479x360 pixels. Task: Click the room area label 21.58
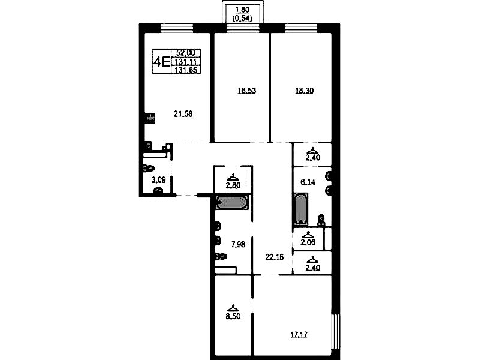(x=183, y=114)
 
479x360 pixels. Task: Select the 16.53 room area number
(x=247, y=91)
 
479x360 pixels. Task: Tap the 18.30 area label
(x=305, y=91)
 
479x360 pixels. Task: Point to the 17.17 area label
(x=299, y=335)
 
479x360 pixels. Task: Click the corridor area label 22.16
(x=275, y=257)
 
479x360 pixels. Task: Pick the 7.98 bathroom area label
(x=238, y=244)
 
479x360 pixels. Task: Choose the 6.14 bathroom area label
(x=308, y=182)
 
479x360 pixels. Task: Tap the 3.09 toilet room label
(x=158, y=180)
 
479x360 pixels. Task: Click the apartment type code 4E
(x=162, y=62)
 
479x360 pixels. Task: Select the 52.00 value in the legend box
(x=186, y=53)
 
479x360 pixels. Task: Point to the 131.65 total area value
(x=186, y=70)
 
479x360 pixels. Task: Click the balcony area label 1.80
(x=242, y=10)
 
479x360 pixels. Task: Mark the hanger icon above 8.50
(x=233, y=308)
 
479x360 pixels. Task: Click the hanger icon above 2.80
(x=233, y=177)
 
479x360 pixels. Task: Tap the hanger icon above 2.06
(x=308, y=235)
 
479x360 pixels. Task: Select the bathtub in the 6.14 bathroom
(x=301, y=209)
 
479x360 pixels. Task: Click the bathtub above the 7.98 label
(x=232, y=202)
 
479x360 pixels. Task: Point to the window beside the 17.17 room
(x=336, y=331)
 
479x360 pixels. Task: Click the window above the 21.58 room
(x=177, y=28)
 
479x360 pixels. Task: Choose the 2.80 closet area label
(x=233, y=185)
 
